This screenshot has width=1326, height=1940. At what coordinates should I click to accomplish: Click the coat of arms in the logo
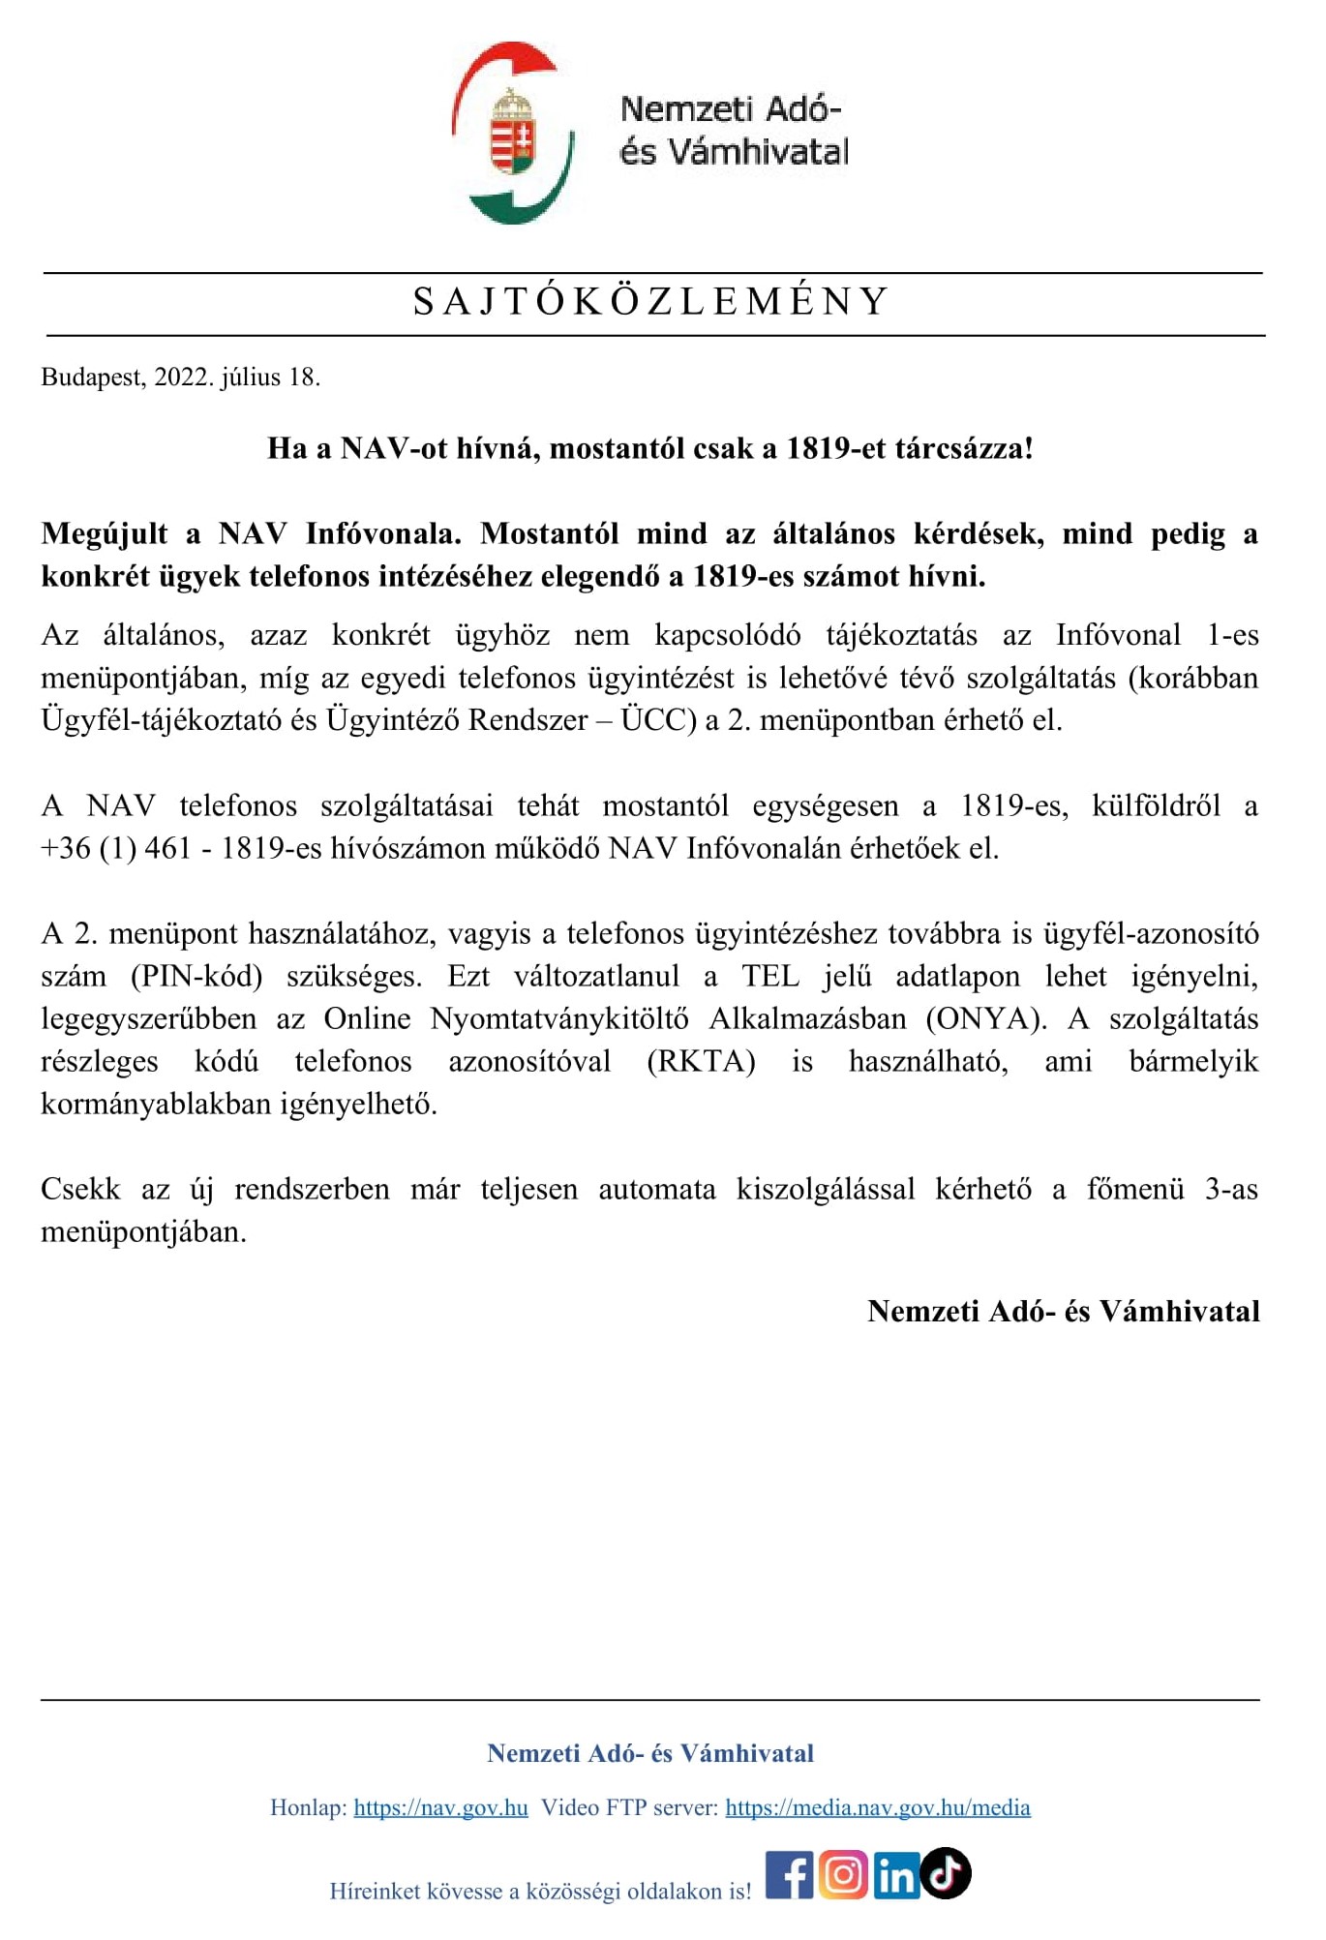(513, 133)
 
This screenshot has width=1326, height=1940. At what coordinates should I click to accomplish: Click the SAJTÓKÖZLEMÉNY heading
(650, 302)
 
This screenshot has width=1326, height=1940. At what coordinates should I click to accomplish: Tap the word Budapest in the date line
(92, 378)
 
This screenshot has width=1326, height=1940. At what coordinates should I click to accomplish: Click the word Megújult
(105, 533)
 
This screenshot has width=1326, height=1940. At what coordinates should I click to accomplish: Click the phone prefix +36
(65, 848)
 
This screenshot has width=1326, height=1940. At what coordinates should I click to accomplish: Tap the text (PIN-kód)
(196, 976)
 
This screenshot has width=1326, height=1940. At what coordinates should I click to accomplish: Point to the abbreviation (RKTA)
(701, 1061)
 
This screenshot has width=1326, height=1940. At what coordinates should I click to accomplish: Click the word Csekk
(80, 1189)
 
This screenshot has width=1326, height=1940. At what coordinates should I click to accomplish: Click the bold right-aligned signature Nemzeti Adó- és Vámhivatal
(1063, 1311)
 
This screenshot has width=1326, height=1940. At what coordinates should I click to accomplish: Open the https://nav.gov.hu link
(440, 1807)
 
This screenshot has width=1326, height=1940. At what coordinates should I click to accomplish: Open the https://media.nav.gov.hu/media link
(877, 1807)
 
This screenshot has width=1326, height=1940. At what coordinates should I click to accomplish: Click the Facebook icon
(790, 1875)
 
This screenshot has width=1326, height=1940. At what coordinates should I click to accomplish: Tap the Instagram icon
(843, 1875)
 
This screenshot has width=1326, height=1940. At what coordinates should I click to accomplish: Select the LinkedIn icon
(896, 1876)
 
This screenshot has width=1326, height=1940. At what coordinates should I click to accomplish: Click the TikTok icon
(946, 1872)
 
